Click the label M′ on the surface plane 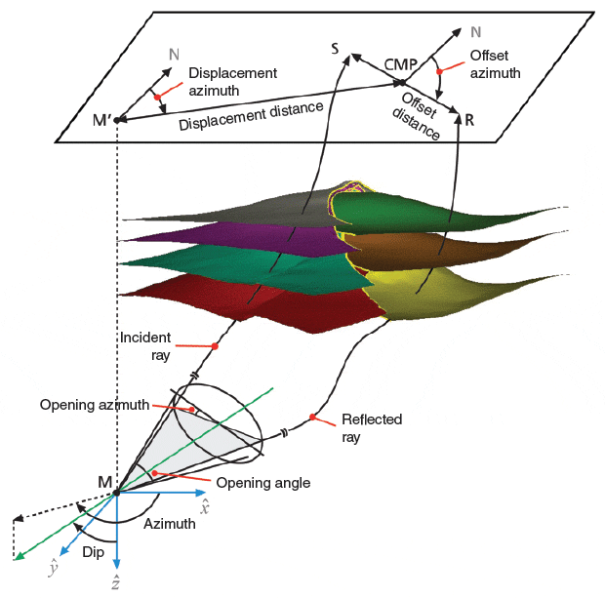coord(101,120)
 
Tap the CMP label coord(401,64)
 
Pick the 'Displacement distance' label coord(252,114)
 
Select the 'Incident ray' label coord(145,345)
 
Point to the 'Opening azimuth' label coord(95,404)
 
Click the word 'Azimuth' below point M coord(170,524)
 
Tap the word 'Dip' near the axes coord(94,551)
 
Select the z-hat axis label coord(116,582)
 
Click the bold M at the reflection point coord(104,480)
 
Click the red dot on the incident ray coord(215,346)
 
